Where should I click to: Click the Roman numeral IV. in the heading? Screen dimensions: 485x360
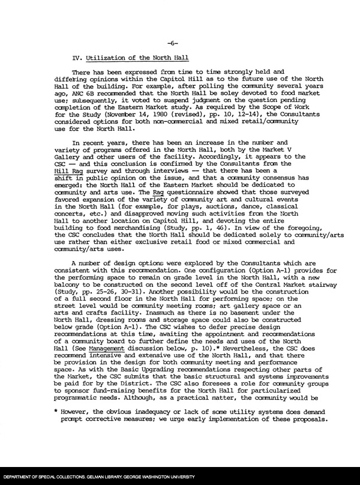[77, 58]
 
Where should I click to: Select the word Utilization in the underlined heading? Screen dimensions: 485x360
[102, 58]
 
